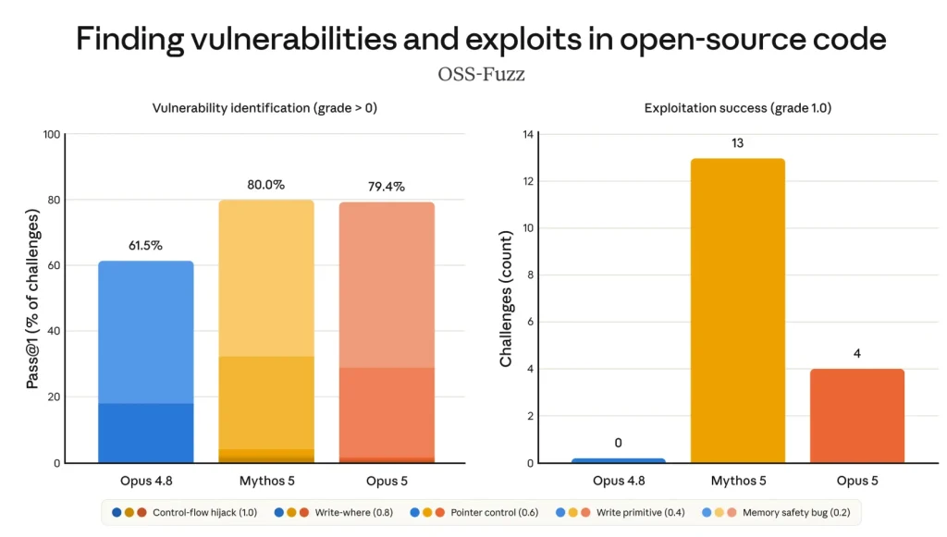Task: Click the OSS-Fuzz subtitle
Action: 481,74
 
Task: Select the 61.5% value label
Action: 145,245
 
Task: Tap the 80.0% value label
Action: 265,185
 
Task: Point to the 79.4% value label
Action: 387,187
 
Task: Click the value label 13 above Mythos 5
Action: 737,143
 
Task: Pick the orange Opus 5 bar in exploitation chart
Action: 857,416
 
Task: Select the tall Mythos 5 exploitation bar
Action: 737,311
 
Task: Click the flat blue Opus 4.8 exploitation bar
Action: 619,460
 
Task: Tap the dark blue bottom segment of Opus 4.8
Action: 145,433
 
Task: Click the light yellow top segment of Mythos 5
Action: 265,278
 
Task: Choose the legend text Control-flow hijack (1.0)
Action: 204,512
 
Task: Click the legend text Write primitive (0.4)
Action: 641,512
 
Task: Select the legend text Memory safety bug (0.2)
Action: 796,512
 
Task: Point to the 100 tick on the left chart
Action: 52,134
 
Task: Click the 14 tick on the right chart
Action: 528,134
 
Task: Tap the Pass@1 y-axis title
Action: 32,299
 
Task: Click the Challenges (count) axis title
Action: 506,299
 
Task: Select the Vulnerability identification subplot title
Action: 264,108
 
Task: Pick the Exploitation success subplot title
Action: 737,108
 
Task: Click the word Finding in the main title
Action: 129,39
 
